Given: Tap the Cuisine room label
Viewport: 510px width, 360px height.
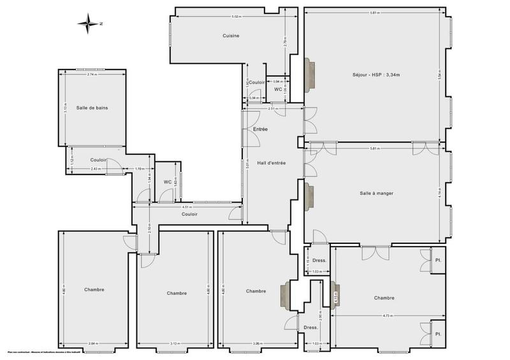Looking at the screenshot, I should click(x=231, y=36).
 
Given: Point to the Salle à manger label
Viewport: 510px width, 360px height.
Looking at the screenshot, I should click(x=375, y=193).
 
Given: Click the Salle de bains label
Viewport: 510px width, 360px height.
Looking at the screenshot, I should click(x=92, y=108).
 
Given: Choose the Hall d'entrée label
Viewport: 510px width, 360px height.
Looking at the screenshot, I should click(x=271, y=163).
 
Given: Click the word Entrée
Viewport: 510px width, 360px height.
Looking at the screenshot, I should click(x=260, y=129).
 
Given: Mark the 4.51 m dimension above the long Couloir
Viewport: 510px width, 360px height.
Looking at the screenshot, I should click(x=186, y=207).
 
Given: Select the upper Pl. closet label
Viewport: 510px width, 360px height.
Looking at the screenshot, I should click(x=439, y=261).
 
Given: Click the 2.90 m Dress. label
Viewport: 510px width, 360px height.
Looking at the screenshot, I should click(x=311, y=328).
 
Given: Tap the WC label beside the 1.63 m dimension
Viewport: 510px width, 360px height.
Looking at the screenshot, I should click(x=167, y=182).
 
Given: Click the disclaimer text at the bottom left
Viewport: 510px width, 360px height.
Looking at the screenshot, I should click(x=48, y=352).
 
